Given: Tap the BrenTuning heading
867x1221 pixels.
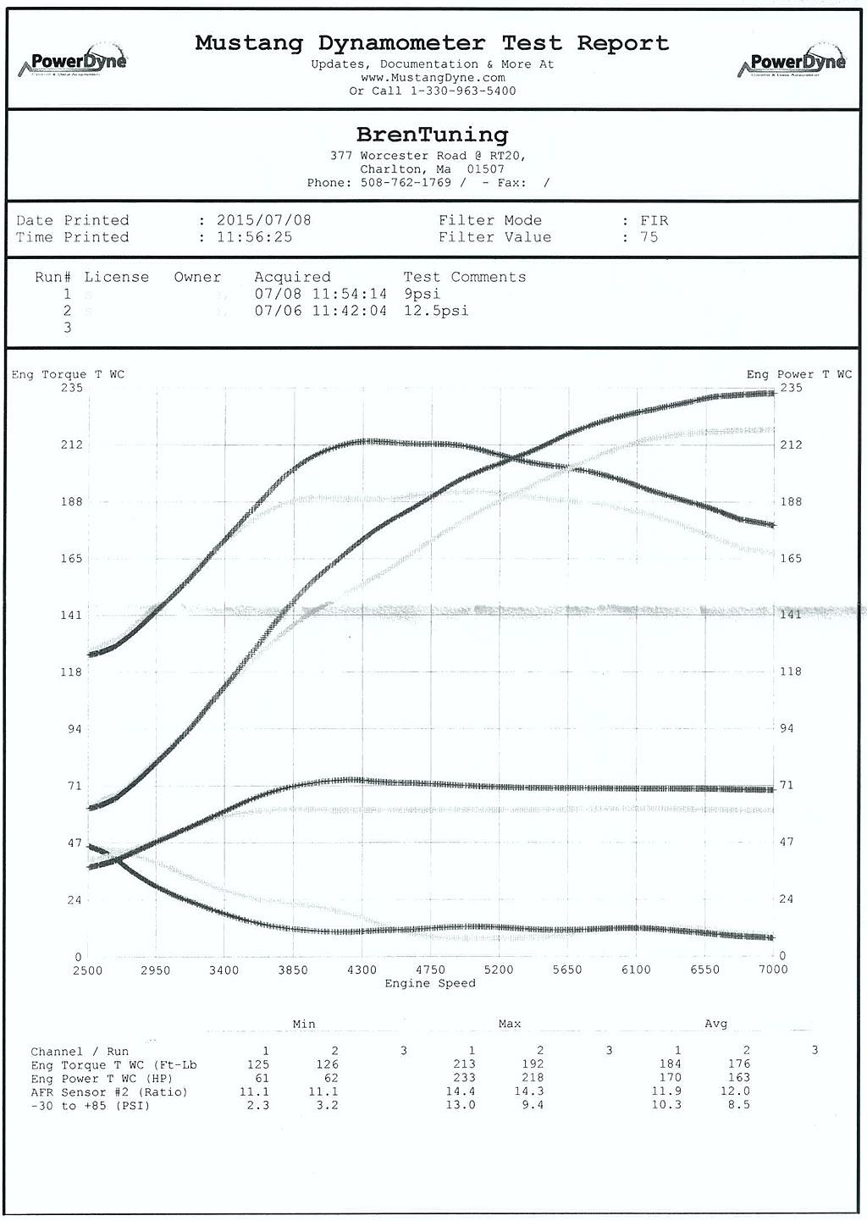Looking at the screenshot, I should tap(432, 135).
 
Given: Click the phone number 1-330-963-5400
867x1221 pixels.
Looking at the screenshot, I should tap(463, 91).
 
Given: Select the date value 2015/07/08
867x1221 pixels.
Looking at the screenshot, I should tap(264, 220).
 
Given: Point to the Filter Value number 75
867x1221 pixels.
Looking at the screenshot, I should tap(649, 237).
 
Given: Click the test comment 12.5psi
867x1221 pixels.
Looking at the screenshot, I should tap(436, 311).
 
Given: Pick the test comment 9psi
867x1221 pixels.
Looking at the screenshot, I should tap(422, 294).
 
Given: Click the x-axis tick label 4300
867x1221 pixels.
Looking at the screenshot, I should tap(362, 970).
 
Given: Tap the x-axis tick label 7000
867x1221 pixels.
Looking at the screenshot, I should tap(772, 970).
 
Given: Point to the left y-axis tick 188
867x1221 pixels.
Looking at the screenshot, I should tap(71, 501).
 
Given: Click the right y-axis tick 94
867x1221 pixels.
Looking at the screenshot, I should tap(787, 728).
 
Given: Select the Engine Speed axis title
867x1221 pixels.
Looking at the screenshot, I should tap(430, 983).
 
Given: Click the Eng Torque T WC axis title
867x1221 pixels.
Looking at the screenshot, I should tap(68, 374).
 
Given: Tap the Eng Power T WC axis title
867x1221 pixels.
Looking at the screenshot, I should tap(798, 374).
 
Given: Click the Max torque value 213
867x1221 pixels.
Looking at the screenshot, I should tap(463, 1064).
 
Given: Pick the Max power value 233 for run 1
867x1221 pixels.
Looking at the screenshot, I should tap(463, 1078).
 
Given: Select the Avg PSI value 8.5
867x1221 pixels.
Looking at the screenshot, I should tap(738, 1105).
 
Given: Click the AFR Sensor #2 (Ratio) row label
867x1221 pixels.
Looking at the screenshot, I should tap(109, 1091).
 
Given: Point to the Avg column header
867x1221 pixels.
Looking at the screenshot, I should tap(715, 1024).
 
